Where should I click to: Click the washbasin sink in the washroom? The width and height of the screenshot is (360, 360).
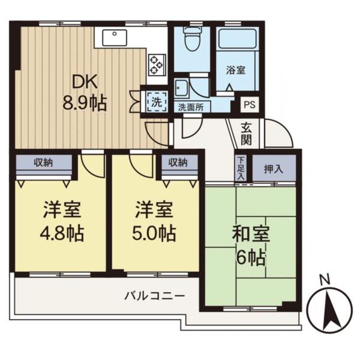click(182, 88)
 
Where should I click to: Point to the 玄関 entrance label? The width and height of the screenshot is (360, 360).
click(247, 133)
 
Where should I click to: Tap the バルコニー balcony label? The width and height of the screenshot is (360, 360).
click(155, 294)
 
